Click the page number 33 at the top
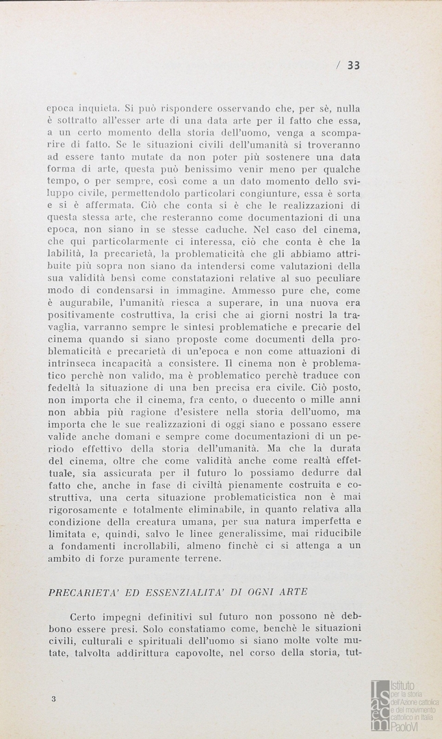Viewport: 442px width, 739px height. [x=353, y=66]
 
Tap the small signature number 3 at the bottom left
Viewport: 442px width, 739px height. [x=53, y=699]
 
